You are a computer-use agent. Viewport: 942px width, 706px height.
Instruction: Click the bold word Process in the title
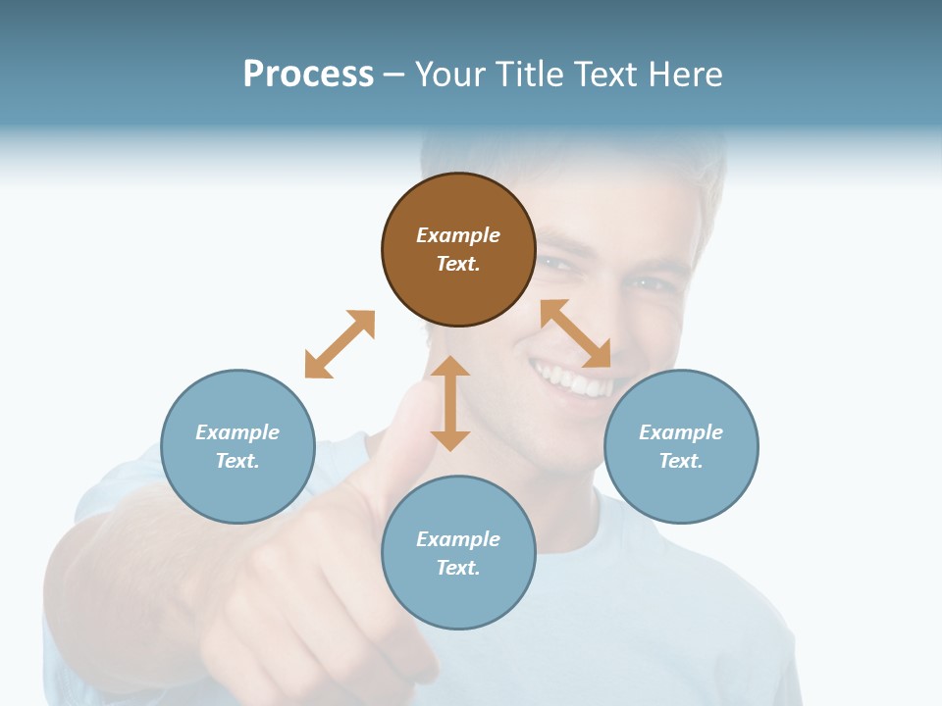click(x=308, y=75)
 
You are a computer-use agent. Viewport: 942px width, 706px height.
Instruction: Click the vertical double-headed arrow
click(x=450, y=403)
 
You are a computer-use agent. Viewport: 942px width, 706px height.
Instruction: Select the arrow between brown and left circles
click(x=340, y=344)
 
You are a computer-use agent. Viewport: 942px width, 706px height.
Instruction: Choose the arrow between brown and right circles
click(x=575, y=333)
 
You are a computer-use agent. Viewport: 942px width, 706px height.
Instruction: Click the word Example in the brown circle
click(x=458, y=235)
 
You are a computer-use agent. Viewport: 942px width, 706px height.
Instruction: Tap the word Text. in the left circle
click(x=237, y=461)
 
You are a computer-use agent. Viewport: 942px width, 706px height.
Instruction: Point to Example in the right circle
click(x=681, y=432)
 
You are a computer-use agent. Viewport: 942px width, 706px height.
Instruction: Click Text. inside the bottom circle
click(x=458, y=568)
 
